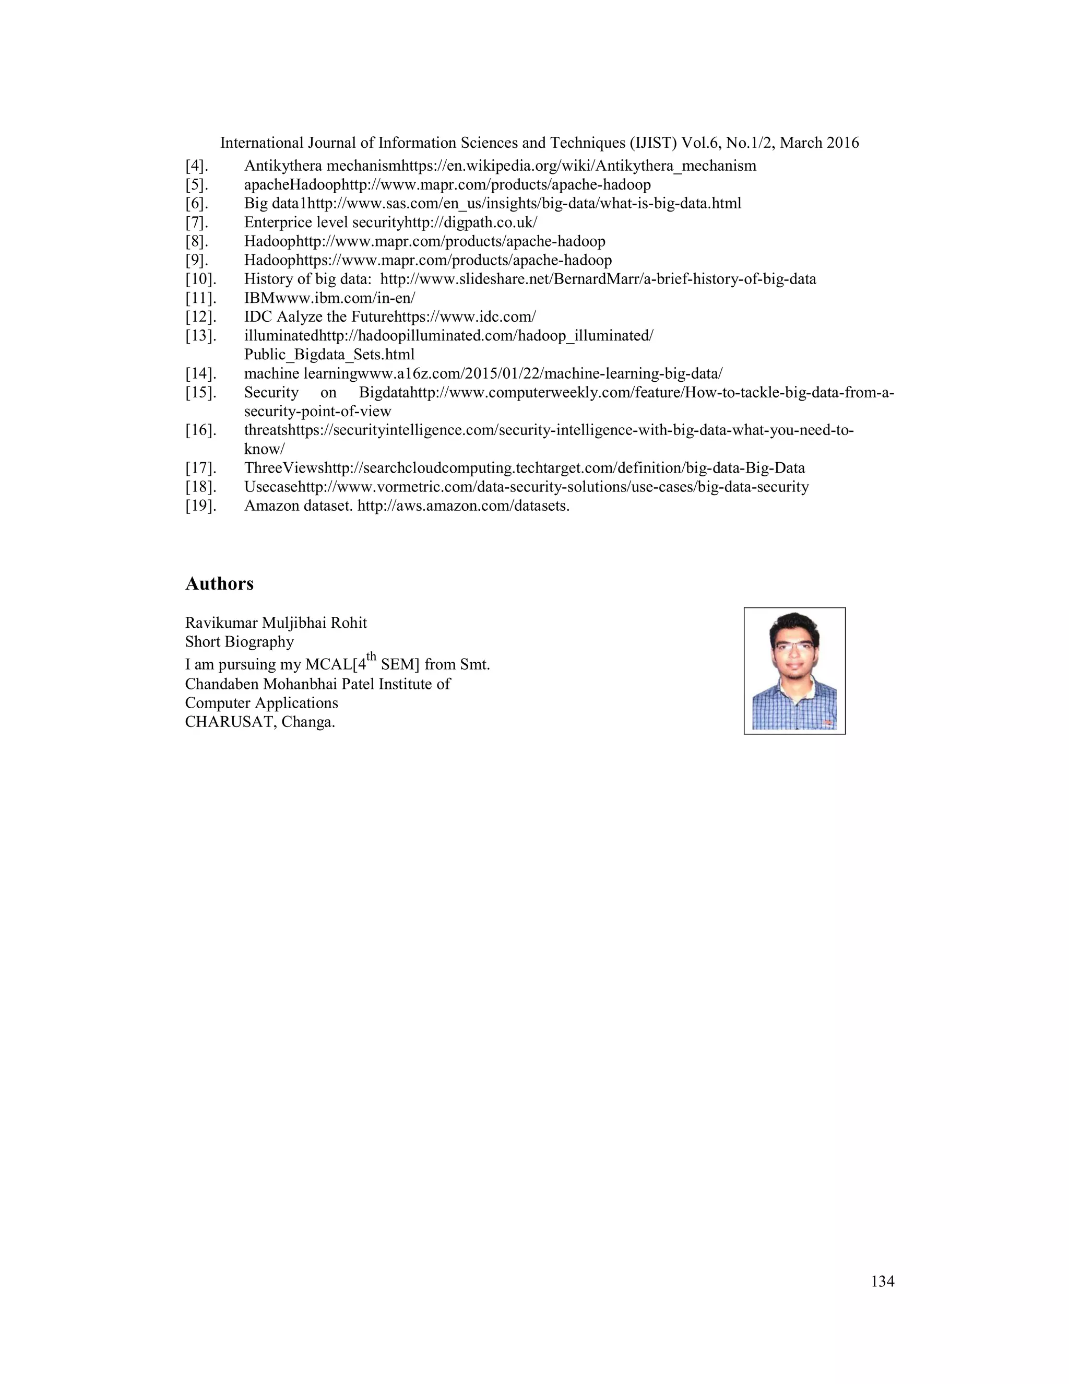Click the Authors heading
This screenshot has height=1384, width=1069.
[219, 584]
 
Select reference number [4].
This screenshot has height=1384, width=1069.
[196, 166]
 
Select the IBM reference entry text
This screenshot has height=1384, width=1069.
[329, 298]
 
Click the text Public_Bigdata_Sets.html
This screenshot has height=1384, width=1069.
[329, 355]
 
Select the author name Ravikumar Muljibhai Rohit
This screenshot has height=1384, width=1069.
[276, 623]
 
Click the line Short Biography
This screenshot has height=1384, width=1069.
[240, 642]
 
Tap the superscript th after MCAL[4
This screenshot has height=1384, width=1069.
[372, 656]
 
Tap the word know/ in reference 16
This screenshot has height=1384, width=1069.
[264, 449]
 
